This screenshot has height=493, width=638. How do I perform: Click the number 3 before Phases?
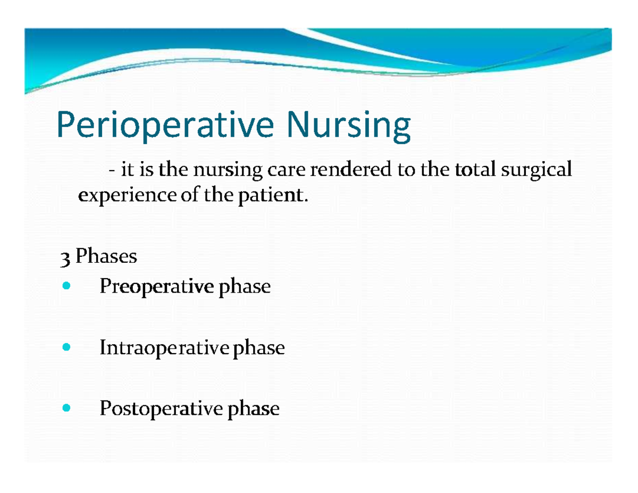(x=65, y=258)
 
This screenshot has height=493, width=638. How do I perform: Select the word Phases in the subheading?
(x=106, y=257)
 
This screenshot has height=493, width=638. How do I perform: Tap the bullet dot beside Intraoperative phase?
(x=66, y=348)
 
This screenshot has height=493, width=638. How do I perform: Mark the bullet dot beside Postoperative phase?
(x=66, y=409)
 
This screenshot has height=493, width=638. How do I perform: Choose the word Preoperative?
(x=156, y=288)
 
